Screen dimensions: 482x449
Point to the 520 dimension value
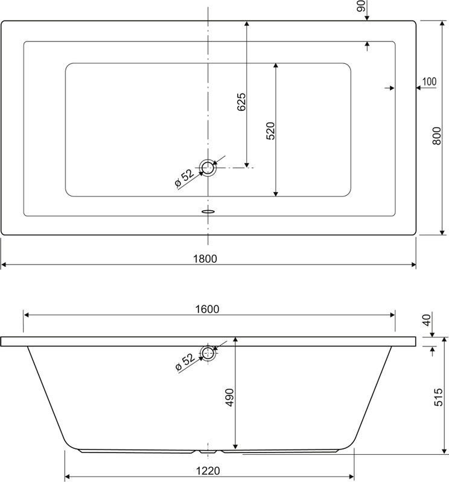click(270, 131)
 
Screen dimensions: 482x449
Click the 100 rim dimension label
click(429, 81)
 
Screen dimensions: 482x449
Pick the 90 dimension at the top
click(360, 7)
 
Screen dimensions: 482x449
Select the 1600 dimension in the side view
click(207, 308)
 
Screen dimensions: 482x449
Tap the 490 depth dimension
click(229, 398)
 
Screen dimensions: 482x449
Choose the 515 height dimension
click(439, 399)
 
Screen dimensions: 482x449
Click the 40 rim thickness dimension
click(427, 320)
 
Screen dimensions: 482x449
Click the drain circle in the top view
click(208, 167)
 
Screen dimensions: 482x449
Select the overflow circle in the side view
click(208, 353)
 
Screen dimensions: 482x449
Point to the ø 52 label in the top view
click(184, 179)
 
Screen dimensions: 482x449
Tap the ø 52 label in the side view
click(184, 363)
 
